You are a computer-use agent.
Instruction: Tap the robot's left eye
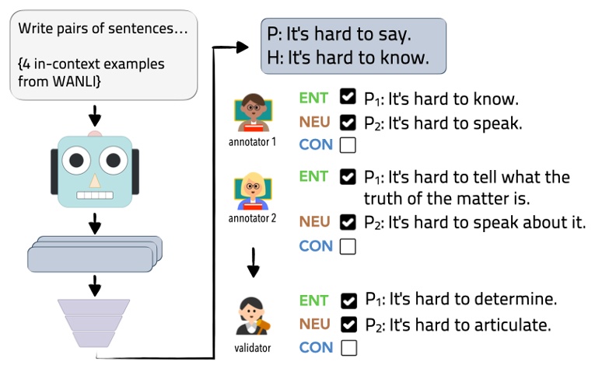coord(78,161)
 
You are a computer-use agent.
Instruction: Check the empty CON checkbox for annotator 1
coord(348,144)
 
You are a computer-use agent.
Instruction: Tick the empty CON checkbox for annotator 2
coord(348,246)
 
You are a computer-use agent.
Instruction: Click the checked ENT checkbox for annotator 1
coord(348,99)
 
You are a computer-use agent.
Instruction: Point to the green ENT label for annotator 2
coord(313,176)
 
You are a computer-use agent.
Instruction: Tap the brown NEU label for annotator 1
coord(314,121)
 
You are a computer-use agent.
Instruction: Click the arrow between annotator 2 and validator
coord(252,263)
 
